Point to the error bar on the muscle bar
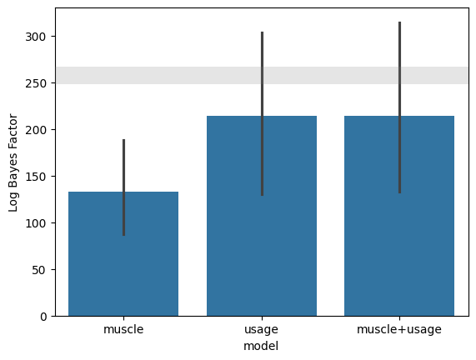click(124, 187)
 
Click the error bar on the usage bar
click(263, 113)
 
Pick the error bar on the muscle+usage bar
click(400, 107)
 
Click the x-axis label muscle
click(123, 329)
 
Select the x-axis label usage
click(262, 330)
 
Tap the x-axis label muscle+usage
click(399, 330)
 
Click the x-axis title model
click(261, 346)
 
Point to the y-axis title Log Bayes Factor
click(13, 162)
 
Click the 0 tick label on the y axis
click(43, 317)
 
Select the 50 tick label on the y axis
click(40, 270)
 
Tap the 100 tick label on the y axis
click(36, 223)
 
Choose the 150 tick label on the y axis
click(36, 177)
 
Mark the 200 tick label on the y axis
click(36, 130)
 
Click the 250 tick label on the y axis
click(36, 83)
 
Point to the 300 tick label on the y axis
click(36, 37)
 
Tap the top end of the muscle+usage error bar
click(400, 22)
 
